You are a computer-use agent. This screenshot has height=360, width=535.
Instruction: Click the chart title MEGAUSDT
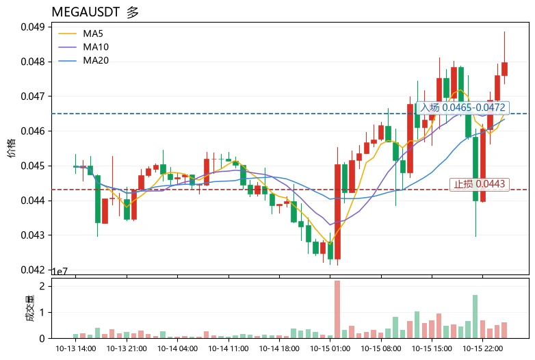pos(86,12)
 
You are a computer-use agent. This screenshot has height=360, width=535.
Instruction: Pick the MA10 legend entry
pos(83,47)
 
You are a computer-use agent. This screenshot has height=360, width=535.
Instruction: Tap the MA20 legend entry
pos(83,60)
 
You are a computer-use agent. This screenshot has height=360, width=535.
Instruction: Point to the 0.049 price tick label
pos(33,27)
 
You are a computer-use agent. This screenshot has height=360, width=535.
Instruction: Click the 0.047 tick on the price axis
pos(33,97)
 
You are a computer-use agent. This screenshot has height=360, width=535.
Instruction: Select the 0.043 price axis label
pos(33,235)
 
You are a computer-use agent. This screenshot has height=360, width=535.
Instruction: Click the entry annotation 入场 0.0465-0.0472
pos(462,107)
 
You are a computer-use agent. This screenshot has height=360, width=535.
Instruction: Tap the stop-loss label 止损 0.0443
pos(480,184)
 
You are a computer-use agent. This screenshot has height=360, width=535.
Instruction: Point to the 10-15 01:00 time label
pos(330,348)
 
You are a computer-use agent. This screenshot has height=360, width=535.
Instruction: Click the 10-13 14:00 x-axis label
pos(76,348)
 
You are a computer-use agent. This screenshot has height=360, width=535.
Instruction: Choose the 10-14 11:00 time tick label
pos(229,348)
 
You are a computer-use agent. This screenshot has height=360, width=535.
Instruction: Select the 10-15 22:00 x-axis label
pos(482,348)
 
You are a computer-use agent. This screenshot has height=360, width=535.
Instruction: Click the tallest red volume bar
pos(337,309)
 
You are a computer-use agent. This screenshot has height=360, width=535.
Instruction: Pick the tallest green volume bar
pos(475,317)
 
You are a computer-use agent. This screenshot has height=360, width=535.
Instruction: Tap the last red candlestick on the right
pos(504,69)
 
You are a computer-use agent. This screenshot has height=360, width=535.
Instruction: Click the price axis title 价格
pos(12,148)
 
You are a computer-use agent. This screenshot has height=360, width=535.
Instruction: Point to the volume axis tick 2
pos(42,286)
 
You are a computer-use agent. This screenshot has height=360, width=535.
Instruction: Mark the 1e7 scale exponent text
pos(60,271)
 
